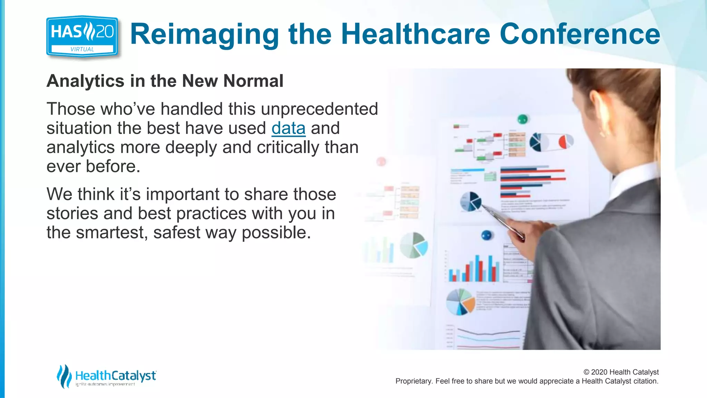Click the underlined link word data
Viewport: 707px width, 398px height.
point(288,129)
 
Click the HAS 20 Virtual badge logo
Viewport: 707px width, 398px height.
point(82,36)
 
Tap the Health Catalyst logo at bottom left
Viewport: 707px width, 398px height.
point(107,376)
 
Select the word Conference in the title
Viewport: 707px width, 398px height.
point(580,34)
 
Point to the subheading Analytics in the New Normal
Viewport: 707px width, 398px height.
point(165,81)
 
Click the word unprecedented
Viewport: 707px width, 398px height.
point(319,109)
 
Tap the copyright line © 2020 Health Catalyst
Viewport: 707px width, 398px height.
point(621,372)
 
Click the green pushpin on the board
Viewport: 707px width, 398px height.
point(523,120)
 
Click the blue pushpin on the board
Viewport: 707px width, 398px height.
point(486,236)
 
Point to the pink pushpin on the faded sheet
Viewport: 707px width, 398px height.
point(381,161)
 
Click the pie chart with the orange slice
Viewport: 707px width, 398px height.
point(461,302)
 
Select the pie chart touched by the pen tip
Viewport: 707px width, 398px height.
point(470,201)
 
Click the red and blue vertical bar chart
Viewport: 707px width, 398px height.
point(474,269)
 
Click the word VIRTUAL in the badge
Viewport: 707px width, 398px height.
point(82,49)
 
